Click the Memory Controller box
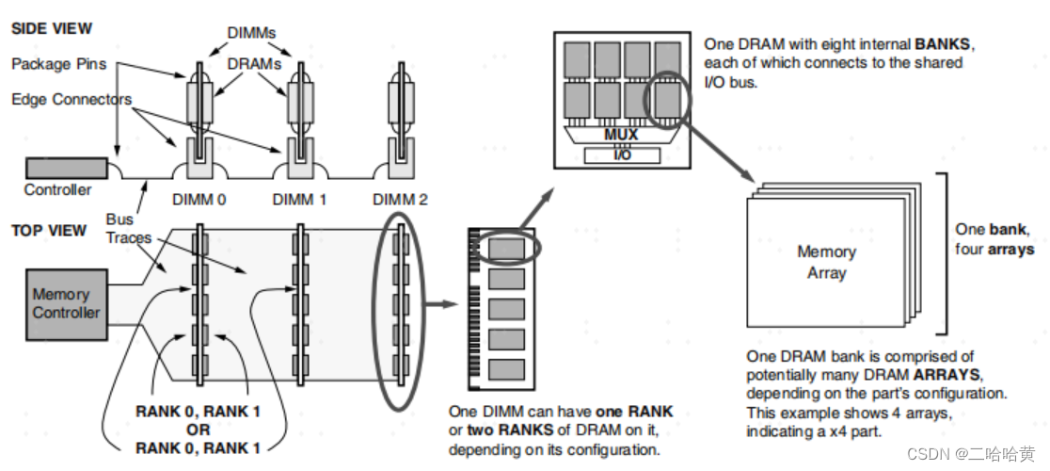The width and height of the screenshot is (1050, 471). click(66, 303)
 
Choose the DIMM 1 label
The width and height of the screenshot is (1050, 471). click(298, 200)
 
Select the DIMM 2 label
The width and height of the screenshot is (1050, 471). click(400, 200)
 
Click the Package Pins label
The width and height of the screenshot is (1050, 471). click(58, 64)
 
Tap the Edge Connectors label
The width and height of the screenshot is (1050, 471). click(72, 99)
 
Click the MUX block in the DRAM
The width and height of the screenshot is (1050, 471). click(620, 135)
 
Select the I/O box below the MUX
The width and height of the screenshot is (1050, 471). click(622, 154)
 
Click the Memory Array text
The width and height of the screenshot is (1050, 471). click(826, 263)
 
